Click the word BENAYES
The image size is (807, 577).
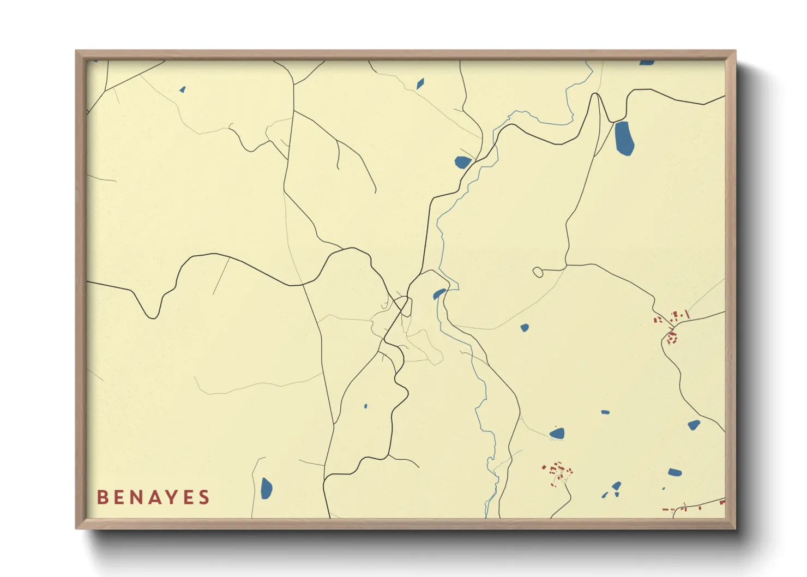(153, 497)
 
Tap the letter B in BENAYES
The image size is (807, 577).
(102, 497)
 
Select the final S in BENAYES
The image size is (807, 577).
(204, 497)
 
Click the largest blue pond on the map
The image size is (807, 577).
(624, 139)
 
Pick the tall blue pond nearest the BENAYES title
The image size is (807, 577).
(266, 488)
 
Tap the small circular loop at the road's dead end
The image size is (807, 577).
(538, 272)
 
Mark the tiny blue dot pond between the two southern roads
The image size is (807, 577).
(365, 406)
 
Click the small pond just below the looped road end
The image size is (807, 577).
(525, 328)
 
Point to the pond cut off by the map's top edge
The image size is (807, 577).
(647, 62)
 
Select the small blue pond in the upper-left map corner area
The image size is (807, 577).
(183, 89)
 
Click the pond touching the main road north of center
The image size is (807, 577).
(462, 162)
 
